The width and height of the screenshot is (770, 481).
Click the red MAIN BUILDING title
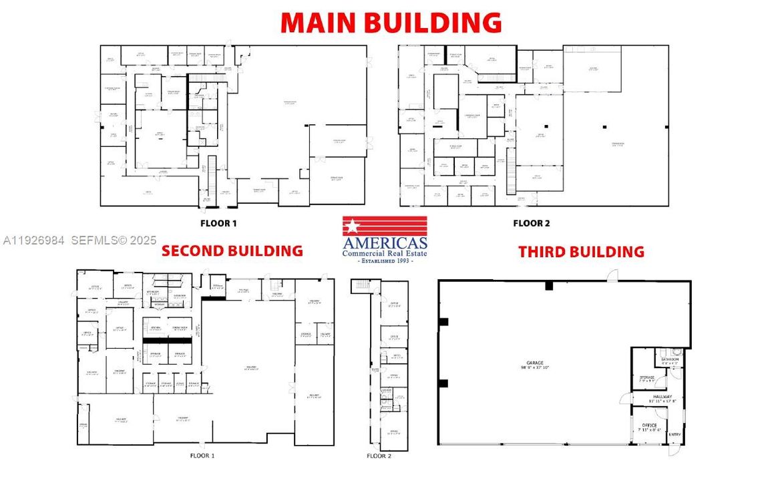(x=391, y=22)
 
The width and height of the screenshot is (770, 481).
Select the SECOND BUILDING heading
(x=232, y=251)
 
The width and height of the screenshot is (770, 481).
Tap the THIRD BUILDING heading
(x=581, y=252)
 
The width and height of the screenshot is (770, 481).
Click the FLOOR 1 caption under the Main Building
(x=218, y=223)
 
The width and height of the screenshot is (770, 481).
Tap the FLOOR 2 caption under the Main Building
(x=531, y=223)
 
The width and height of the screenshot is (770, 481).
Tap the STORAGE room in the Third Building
(x=646, y=379)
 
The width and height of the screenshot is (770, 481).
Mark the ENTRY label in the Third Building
(x=675, y=435)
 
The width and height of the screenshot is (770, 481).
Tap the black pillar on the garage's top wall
(x=549, y=285)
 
